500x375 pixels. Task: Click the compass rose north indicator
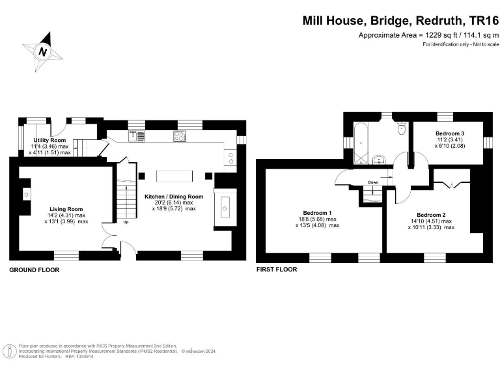[43, 51]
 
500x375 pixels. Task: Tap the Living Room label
[66, 209]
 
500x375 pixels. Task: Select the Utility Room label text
[49, 140]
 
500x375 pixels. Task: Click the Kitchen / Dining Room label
[173, 196]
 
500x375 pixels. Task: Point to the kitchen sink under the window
[136, 135]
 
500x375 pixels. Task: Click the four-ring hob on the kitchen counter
[180, 136]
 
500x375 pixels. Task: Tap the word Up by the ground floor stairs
[126, 222]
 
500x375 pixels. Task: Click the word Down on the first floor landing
[373, 182]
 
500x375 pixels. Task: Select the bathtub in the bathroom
[361, 139]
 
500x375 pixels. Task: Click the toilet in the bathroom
[402, 129]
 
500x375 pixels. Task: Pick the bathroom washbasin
[379, 158]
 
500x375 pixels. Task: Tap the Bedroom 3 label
[449, 133]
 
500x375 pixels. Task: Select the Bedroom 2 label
[430, 214]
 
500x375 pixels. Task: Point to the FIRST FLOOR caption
[277, 270]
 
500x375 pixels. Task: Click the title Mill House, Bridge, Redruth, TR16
[400, 20]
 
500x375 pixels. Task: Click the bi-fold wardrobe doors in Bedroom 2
[449, 186]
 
